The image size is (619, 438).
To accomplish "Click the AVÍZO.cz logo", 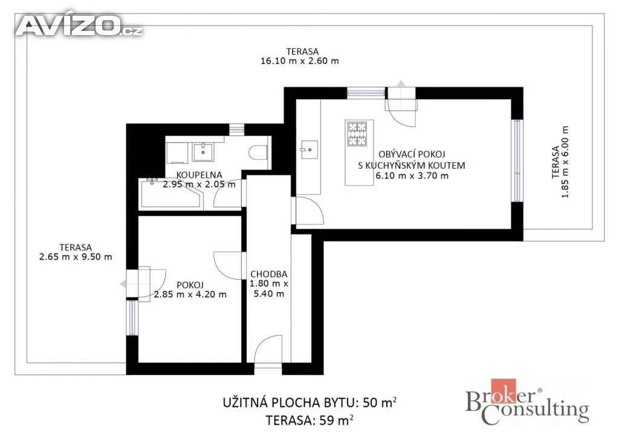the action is click(x=79, y=25).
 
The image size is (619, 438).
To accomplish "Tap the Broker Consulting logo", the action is click(x=527, y=402).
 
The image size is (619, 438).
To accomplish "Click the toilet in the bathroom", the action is click(x=259, y=152).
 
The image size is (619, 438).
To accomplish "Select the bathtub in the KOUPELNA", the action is click(x=171, y=194).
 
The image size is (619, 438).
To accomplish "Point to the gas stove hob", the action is click(x=357, y=134).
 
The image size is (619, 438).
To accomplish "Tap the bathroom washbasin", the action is click(x=203, y=152).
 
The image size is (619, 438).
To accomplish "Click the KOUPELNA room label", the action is click(x=199, y=175).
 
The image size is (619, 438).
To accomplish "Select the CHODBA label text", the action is click(x=269, y=274).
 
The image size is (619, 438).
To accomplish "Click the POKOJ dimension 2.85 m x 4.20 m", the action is click(x=190, y=294).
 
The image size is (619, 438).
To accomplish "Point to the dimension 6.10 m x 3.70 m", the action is click(x=412, y=176).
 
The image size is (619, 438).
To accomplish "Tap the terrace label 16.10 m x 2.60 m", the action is click(x=300, y=61).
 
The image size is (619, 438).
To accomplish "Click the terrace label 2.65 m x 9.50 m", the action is click(x=76, y=257).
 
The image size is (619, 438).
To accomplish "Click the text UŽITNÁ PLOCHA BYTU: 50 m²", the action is click(x=309, y=402).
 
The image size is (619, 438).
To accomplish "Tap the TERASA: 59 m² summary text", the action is click(x=309, y=420).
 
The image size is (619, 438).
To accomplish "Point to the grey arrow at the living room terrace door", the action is click(x=401, y=83).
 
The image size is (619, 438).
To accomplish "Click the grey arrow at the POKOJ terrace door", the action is click(x=123, y=284).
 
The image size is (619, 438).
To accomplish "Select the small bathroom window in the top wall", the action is click(x=237, y=129).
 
